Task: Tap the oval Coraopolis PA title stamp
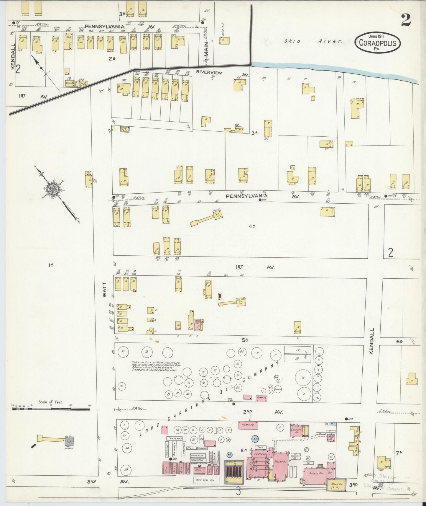pos(379,43)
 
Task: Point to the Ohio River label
pos(313,41)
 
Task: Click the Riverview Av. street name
pos(209,72)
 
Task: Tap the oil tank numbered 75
pos(123,351)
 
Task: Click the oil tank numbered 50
pos(257,353)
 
